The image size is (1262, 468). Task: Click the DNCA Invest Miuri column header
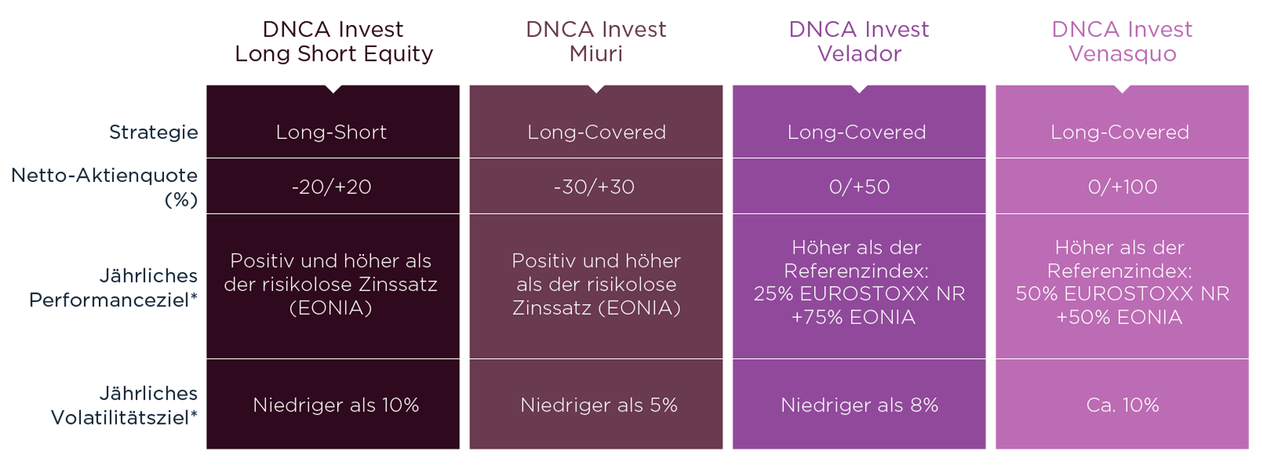pos(596,41)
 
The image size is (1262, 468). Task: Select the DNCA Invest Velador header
pos(859,41)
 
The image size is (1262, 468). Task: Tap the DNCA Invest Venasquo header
pos(1122,41)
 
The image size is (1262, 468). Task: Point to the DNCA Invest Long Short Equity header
pos(333,41)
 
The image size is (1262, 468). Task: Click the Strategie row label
pos(153,132)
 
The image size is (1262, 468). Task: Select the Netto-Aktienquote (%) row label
pos(105,187)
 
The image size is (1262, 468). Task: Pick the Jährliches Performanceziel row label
pos(113,287)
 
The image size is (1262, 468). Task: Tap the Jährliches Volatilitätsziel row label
pos(124,405)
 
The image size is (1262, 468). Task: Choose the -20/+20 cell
pos(332,187)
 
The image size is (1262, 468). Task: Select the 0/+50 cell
pos(860,187)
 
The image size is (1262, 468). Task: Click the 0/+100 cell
pos(1123,187)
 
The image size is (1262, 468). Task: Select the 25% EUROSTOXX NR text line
pos(860,294)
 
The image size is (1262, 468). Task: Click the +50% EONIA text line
pos(1119,317)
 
